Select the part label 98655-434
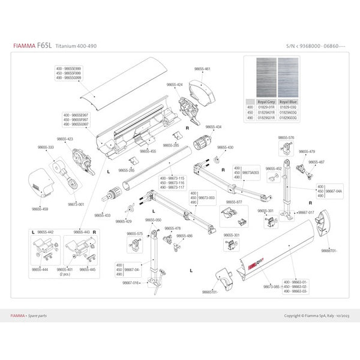pos(213,127)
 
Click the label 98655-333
pos(46,147)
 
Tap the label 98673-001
pos(76,204)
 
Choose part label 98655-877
pos(230,202)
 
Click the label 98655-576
pos(287,137)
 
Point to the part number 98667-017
pos(306,212)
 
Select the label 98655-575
pos(136,233)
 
